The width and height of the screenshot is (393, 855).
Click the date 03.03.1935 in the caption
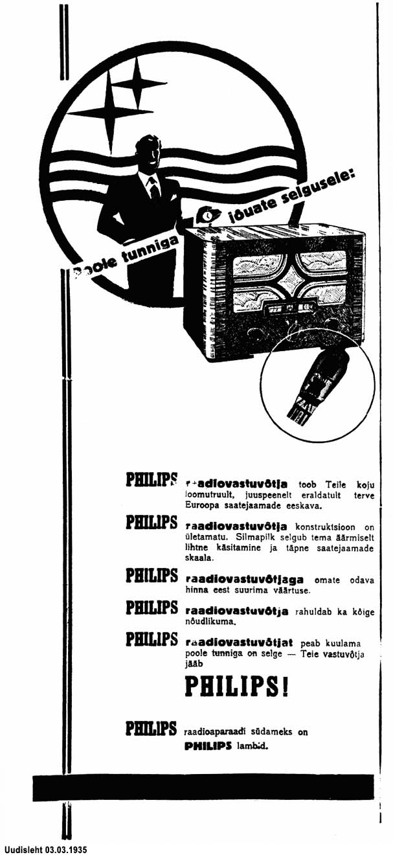click(x=65, y=849)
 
